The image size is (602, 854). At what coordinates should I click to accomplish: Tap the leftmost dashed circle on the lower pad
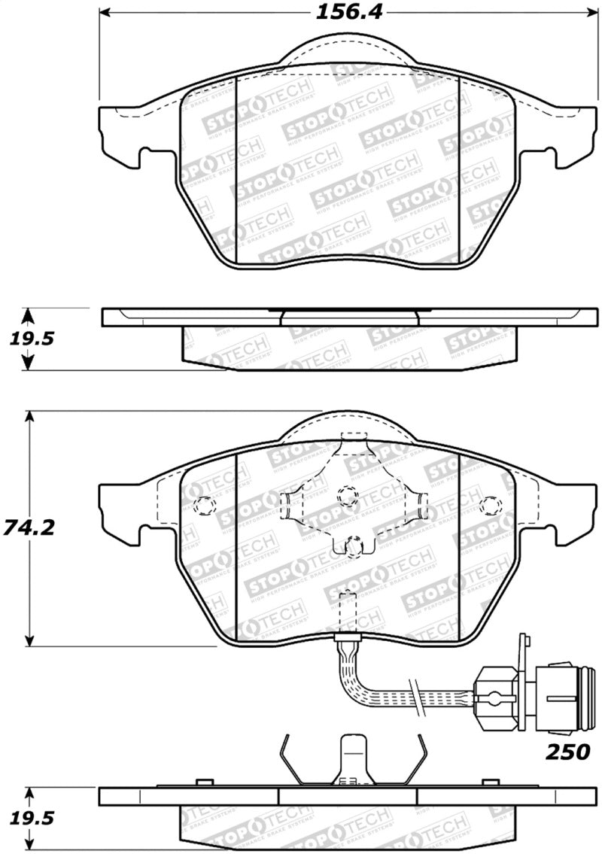pos(202,506)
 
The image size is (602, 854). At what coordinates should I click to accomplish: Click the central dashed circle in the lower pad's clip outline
pos(347,494)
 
